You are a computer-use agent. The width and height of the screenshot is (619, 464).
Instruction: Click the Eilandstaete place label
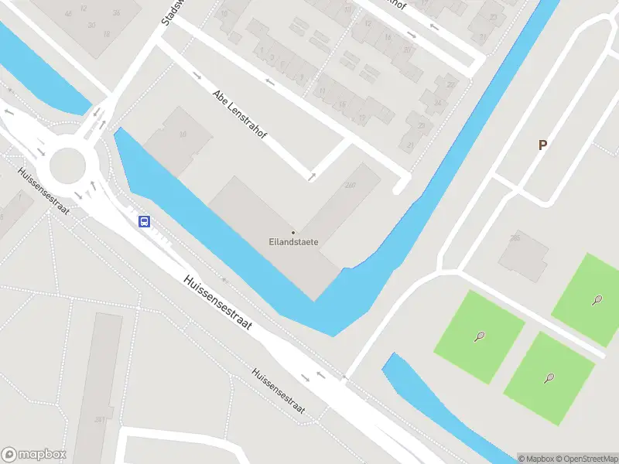[x=293, y=242]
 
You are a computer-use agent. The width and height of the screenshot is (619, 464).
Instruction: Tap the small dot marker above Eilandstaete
[x=293, y=232]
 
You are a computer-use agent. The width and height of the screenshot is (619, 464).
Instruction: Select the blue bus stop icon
[x=144, y=222]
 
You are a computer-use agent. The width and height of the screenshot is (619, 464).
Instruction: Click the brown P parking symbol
[x=542, y=145]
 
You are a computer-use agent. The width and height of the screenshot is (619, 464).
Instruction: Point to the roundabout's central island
[x=67, y=164]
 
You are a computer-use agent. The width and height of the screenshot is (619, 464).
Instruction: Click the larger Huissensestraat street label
[x=219, y=303]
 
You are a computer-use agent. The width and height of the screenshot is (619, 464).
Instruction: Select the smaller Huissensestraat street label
[x=279, y=391]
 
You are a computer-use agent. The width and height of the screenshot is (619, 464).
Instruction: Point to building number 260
[x=351, y=185]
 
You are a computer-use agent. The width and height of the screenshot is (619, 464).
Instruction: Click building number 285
[x=515, y=238]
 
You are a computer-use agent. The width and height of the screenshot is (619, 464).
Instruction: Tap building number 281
[x=99, y=419]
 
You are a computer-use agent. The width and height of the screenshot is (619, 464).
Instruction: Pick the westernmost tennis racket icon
[x=480, y=336]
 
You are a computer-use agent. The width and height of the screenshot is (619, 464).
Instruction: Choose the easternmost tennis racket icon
[x=597, y=299]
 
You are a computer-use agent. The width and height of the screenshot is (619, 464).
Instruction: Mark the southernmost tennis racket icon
[x=549, y=378]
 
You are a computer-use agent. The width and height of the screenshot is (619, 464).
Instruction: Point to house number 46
[x=68, y=14]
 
